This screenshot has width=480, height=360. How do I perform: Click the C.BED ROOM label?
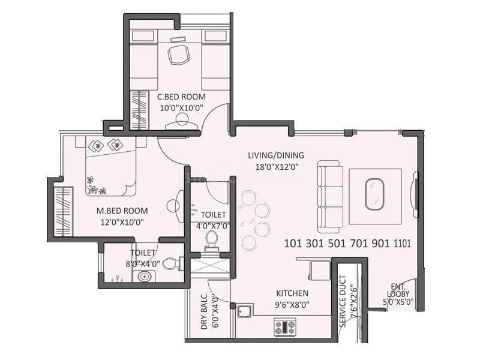coord(181,97)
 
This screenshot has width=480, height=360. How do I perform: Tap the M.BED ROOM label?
coord(122,211)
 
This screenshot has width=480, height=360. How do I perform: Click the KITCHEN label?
coord(292,293)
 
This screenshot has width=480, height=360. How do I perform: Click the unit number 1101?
coord(403,244)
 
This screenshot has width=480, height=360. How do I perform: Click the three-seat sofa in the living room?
coord(329,197)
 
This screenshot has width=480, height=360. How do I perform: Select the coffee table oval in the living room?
coord(376,193)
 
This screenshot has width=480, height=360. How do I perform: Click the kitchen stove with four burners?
coord(285,327)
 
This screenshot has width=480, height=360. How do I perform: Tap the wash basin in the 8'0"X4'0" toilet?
coord(144,277)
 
